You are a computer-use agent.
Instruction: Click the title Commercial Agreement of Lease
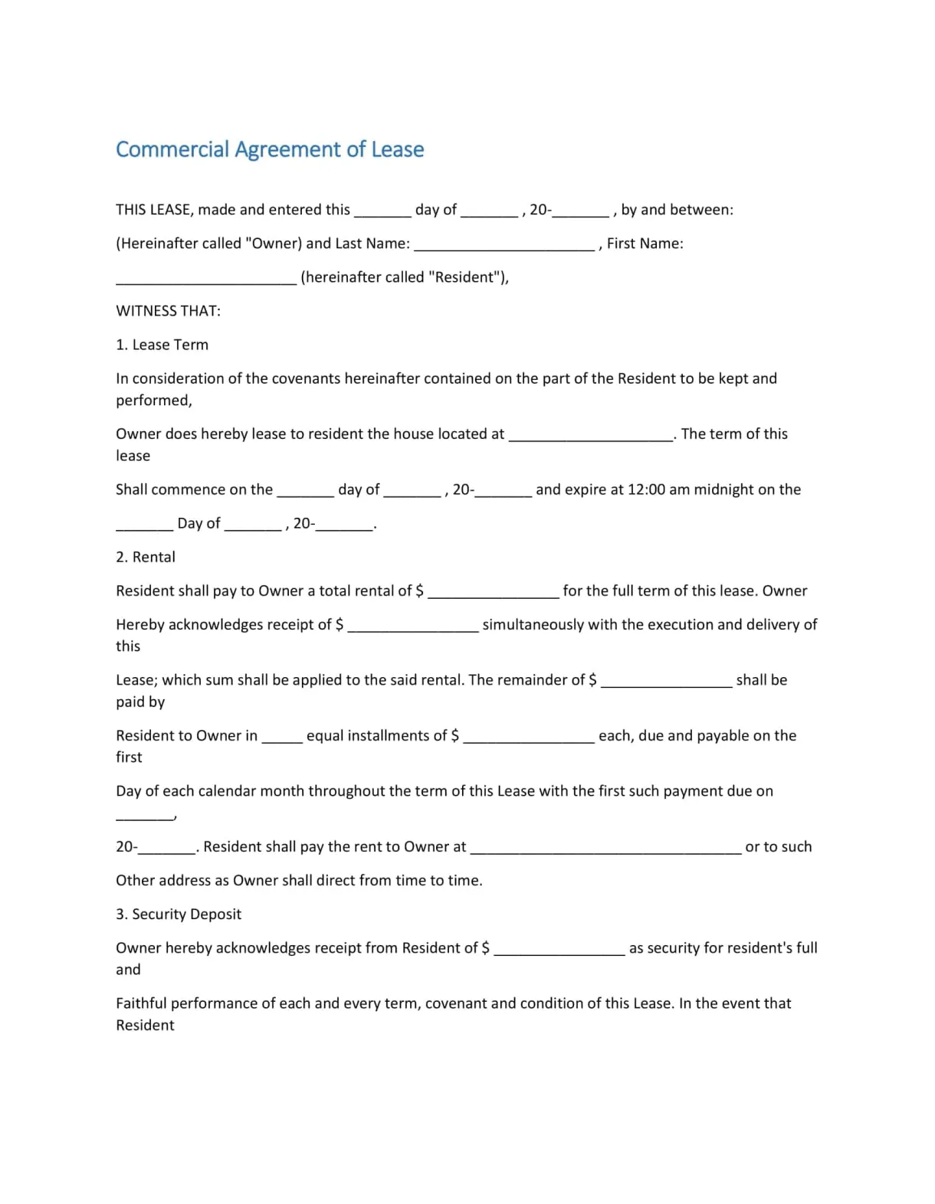click(270, 149)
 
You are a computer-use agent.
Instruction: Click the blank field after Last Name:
click(504, 245)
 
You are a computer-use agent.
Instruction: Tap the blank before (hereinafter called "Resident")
click(206, 279)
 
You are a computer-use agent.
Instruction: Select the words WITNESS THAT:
click(168, 311)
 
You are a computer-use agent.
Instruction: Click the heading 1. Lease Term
click(162, 345)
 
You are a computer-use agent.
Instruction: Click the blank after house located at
click(591, 436)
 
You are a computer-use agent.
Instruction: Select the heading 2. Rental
click(146, 557)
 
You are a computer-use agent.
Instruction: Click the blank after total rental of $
click(494, 592)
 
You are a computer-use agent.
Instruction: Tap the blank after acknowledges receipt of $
click(413, 626)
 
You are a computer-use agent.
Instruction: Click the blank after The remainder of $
click(666, 682)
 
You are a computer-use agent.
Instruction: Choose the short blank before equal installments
click(282, 738)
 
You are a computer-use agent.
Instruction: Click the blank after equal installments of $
click(529, 738)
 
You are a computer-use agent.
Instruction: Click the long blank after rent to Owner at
click(605, 849)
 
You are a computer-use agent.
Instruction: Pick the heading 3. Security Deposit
click(179, 914)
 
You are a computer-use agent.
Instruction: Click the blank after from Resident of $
click(559, 950)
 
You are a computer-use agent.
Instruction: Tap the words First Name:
click(645, 244)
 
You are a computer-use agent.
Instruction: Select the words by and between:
click(677, 210)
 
